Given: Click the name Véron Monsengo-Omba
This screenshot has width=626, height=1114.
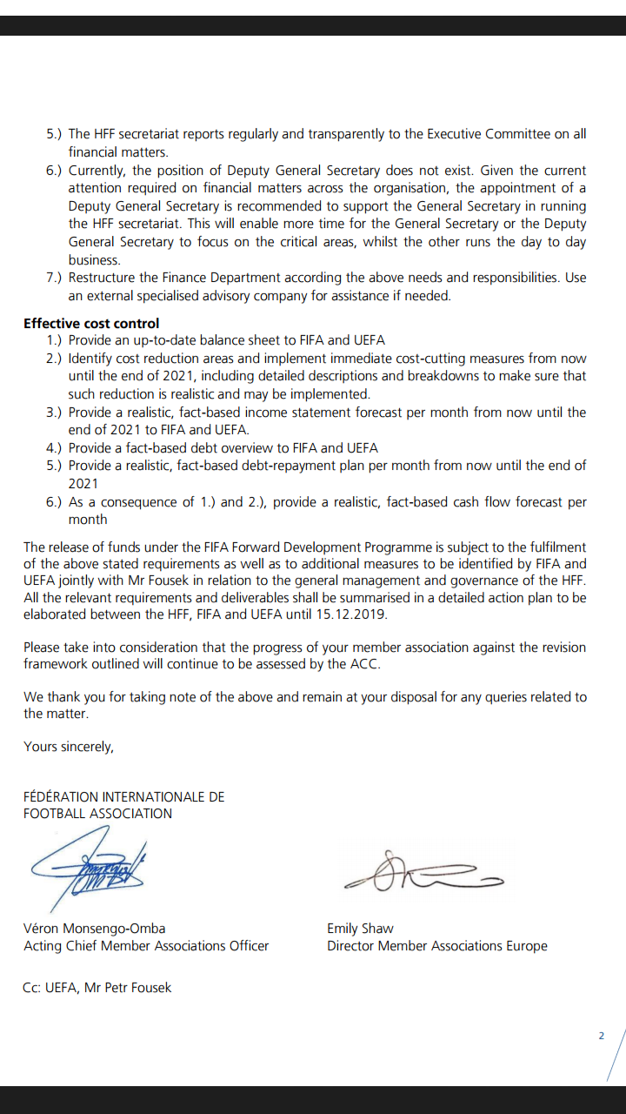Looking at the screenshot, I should click(94, 928).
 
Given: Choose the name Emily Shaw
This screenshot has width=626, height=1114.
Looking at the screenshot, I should click(360, 928).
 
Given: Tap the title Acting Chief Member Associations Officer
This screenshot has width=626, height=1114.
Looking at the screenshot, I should click(146, 945).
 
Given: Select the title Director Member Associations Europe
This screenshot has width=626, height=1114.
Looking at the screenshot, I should click(436, 945).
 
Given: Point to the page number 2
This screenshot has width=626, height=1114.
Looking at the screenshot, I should click(601, 1036).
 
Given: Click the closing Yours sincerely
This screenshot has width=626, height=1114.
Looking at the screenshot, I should click(69, 746).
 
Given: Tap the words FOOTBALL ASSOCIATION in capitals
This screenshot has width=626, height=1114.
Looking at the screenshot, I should click(97, 813).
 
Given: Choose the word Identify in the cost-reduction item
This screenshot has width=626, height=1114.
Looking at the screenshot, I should click(91, 359).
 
